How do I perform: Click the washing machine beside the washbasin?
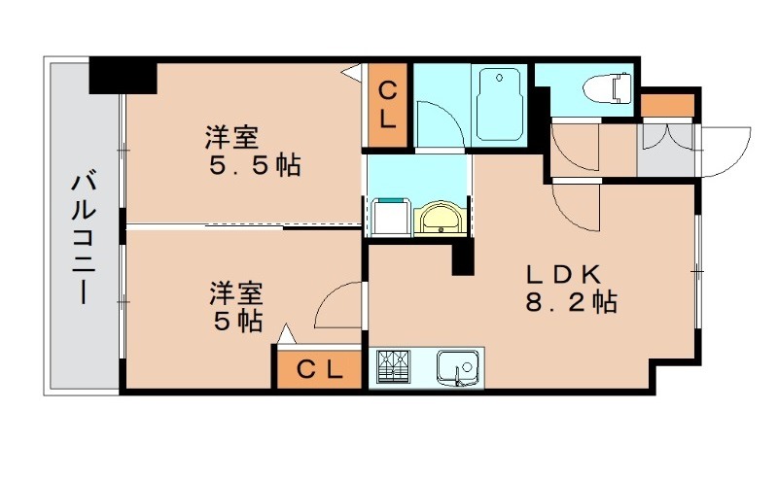coord(389,216)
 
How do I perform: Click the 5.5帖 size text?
coord(255,165)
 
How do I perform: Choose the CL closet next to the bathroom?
coord(387,106)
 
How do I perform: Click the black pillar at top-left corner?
coord(123,76)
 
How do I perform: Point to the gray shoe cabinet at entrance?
coord(666,150)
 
